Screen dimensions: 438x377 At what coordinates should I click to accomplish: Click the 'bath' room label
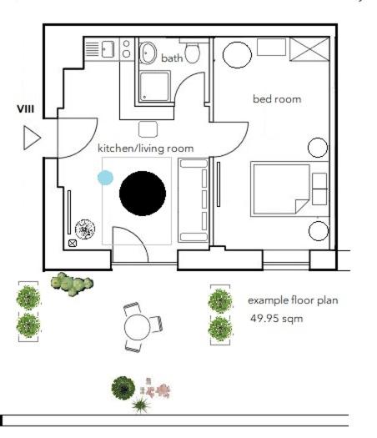point(172,58)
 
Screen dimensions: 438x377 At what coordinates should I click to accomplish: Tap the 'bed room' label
point(277,99)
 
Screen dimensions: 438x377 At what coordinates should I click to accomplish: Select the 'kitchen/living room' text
point(146,149)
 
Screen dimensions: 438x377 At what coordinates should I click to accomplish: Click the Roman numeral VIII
point(25,109)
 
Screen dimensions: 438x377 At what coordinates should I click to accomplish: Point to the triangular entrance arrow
point(32,138)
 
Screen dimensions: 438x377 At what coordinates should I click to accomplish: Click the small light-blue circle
point(105,178)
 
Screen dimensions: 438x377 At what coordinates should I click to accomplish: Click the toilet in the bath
point(194,53)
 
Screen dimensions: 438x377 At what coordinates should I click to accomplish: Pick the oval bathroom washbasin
point(150,52)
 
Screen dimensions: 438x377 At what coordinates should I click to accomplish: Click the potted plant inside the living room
point(85,228)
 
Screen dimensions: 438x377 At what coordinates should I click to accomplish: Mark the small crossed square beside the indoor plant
point(73,244)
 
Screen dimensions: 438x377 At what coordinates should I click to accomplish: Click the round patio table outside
point(136,325)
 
